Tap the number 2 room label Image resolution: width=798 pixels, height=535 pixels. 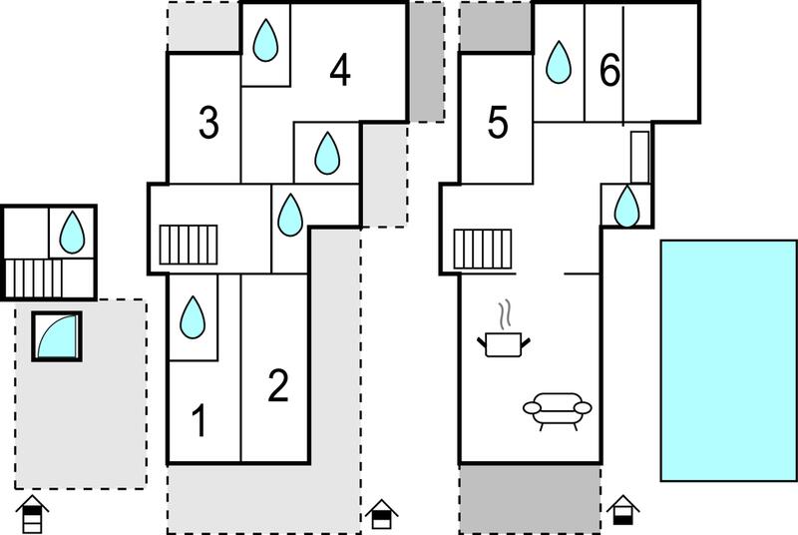click(x=278, y=385)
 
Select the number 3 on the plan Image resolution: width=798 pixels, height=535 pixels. click(x=208, y=122)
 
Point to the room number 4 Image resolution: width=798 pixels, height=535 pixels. click(x=340, y=70)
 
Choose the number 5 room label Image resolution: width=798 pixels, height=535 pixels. click(x=498, y=122)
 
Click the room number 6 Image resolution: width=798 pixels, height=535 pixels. click(x=609, y=70)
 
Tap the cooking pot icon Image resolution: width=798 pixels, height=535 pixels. click(x=504, y=344)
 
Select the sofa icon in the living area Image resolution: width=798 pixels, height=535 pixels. click(x=558, y=411)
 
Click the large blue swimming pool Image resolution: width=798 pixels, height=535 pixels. click(x=729, y=360)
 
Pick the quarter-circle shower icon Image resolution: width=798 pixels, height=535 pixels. click(x=57, y=336)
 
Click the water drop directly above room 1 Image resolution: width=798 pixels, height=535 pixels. click(x=193, y=317)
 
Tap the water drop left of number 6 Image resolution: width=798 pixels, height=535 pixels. click(x=559, y=62)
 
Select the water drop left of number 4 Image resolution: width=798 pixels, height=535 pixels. click(x=265, y=40)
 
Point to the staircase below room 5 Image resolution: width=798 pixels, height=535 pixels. click(x=483, y=249)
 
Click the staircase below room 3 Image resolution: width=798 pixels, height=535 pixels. click(x=189, y=245)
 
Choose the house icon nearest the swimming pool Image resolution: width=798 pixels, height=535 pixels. click(x=622, y=510)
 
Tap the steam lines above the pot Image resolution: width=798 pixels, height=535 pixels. click(x=505, y=314)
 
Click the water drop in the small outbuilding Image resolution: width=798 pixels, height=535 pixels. click(x=72, y=233)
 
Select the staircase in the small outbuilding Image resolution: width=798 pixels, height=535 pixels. click(x=34, y=278)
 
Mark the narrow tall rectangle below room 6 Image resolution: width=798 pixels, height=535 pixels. click(x=640, y=157)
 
